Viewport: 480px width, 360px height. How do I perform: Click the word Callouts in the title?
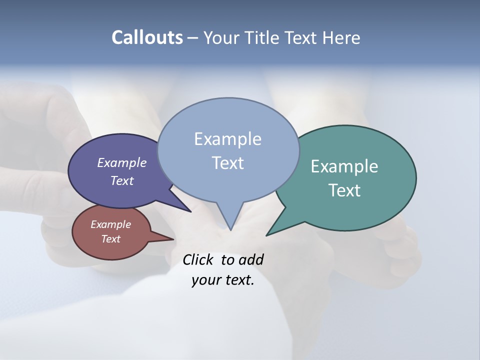tap(147, 37)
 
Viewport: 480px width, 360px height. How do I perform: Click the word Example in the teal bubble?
tap(344, 166)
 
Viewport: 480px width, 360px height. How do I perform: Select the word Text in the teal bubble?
tap(344, 190)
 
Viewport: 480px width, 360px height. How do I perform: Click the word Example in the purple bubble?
tap(122, 162)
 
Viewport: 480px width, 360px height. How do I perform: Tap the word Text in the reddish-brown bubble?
tap(111, 239)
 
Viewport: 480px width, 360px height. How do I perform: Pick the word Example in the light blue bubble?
tap(228, 139)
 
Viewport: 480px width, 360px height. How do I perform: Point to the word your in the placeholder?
tap(205, 280)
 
